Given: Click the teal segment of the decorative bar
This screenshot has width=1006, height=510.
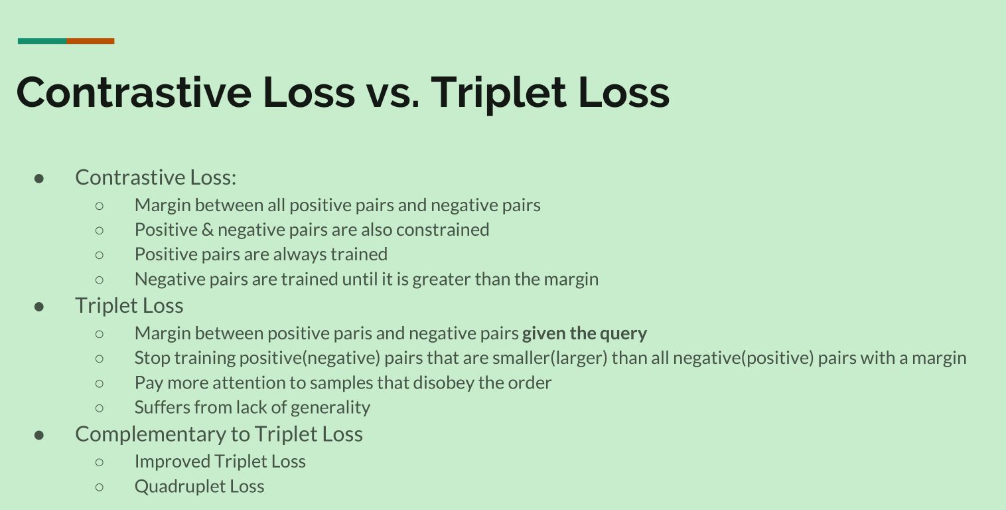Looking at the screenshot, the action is point(42,41).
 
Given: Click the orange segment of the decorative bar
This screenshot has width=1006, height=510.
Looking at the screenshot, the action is point(91,41).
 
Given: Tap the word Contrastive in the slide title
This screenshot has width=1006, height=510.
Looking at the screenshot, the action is point(134,92).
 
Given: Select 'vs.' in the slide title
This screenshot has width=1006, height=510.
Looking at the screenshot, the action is point(394,96).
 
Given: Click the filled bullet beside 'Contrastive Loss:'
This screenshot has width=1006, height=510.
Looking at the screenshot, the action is point(39,179).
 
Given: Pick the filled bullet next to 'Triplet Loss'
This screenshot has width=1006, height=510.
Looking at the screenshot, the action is point(39,307).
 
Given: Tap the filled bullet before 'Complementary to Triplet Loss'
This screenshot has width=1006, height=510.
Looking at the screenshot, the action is point(39,436).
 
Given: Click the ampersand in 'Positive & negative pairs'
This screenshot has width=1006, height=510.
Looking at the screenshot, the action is point(208,230).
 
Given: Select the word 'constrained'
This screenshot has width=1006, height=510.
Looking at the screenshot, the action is point(443,230).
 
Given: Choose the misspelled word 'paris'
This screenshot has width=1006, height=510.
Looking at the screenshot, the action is point(353,334).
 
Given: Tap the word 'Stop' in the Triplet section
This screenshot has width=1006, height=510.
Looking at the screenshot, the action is point(152,358).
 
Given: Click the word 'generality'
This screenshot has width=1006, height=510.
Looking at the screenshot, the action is point(330,408).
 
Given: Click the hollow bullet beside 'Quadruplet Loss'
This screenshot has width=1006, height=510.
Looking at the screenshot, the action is point(100,487).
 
